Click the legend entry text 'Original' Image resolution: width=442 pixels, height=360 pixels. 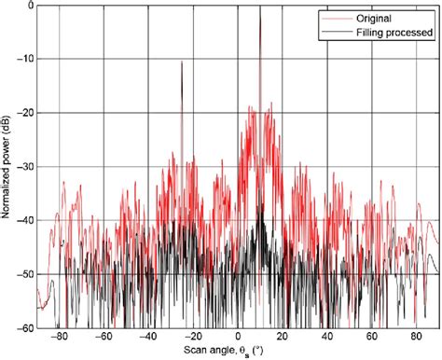pos(372,18)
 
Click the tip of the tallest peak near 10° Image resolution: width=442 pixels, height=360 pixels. pos(259,7)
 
